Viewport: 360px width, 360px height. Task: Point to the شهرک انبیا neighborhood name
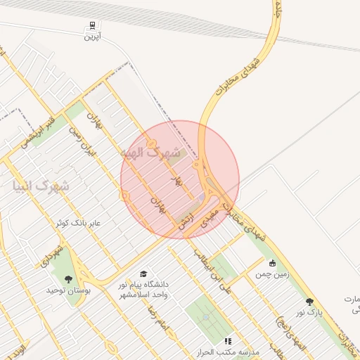(40, 187)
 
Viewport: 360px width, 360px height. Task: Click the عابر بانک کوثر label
(79, 223)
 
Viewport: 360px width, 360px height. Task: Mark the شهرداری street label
(53, 256)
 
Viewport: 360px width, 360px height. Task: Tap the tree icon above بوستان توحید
(68, 279)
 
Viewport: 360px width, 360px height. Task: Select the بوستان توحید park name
(65, 290)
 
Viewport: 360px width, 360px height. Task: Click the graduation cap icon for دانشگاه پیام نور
(144, 274)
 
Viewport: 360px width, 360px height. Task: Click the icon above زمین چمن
(272, 263)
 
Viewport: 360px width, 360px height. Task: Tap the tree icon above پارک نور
(309, 302)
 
